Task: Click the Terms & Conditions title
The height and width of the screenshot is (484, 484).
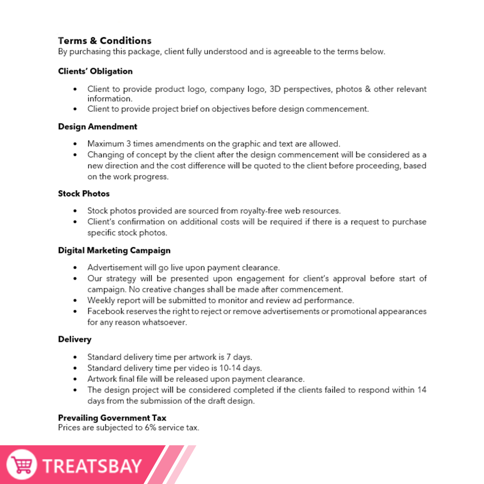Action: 105,41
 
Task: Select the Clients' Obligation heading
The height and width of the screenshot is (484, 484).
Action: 95,71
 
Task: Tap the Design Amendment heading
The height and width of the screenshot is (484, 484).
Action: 98,127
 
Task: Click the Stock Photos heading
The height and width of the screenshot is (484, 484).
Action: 84,194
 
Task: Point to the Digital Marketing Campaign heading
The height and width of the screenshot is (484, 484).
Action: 114,250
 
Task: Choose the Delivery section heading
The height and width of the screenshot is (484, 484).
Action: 75,339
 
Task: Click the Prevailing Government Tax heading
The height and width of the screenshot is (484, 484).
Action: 112,418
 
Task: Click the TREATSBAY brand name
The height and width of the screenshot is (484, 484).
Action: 92,466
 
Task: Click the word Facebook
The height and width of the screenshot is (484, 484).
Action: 105,311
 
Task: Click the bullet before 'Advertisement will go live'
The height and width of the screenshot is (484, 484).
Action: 75,268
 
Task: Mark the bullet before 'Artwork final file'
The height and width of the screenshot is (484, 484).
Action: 75,379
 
